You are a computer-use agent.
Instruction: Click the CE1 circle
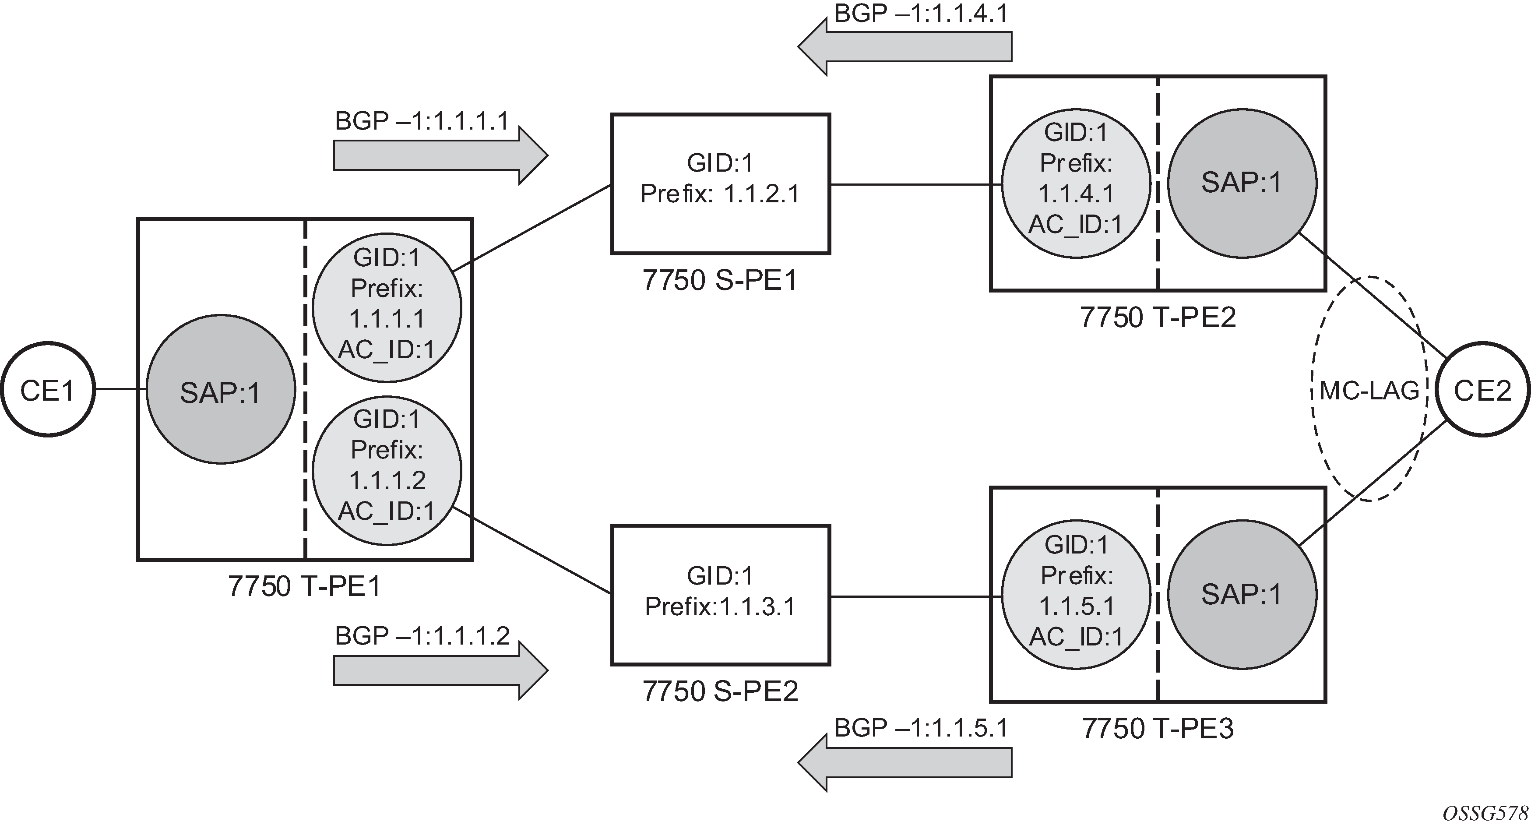tap(48, 389)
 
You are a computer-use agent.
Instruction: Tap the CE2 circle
tap(1483, 389)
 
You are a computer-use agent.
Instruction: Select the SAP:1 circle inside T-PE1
tap(221, 389)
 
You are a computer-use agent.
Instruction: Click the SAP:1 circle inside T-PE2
tap(1242, 183)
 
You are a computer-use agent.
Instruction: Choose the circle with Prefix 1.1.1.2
tap(387, 471)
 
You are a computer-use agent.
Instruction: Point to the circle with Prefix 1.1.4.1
tap(1076, 183)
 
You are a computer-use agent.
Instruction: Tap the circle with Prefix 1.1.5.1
tap(1076, 595)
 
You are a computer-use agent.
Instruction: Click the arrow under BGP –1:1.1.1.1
tap(440, 155)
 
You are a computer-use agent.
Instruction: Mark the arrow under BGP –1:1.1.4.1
tap(905, 46)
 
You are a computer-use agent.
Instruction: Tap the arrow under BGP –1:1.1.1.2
tap(440, 670)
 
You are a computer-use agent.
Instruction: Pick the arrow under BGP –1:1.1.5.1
tap(905, 762)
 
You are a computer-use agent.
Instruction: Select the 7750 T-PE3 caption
tap(1158, 728)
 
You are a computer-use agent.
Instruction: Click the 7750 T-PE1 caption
tap(304, 586)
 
